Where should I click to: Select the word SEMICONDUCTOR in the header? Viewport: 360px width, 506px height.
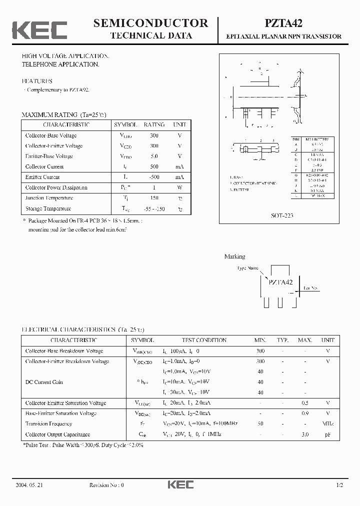tap(151, 23)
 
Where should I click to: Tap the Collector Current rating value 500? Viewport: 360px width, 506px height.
tap(154, 166)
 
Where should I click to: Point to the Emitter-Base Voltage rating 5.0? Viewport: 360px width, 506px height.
tap(154, 156)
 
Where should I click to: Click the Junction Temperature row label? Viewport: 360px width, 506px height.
tap(48, 198)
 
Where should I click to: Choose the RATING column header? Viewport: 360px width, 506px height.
tap(154, 124)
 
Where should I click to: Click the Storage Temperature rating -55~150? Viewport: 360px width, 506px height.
tap(154, 208)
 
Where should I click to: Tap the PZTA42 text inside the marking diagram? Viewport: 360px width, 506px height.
tap(280, 282)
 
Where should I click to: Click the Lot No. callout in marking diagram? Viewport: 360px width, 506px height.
tap(310, 288)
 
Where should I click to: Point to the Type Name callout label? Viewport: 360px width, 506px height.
tap(248, 268)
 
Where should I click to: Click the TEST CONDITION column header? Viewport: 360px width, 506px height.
tap(204, 340)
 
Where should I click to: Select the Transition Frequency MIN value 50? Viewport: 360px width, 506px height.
tap(260, 423)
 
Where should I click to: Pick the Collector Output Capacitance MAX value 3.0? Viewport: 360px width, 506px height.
tap(305, 434)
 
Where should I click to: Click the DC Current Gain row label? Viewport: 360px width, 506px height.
tap(44, 382)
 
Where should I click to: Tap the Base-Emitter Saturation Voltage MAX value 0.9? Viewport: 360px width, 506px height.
tap(305, 413)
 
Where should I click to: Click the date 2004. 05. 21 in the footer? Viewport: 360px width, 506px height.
tap(29, 485)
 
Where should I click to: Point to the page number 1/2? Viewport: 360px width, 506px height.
tap(340, 485)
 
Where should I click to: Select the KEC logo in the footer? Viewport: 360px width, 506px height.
tap(180, 485)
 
